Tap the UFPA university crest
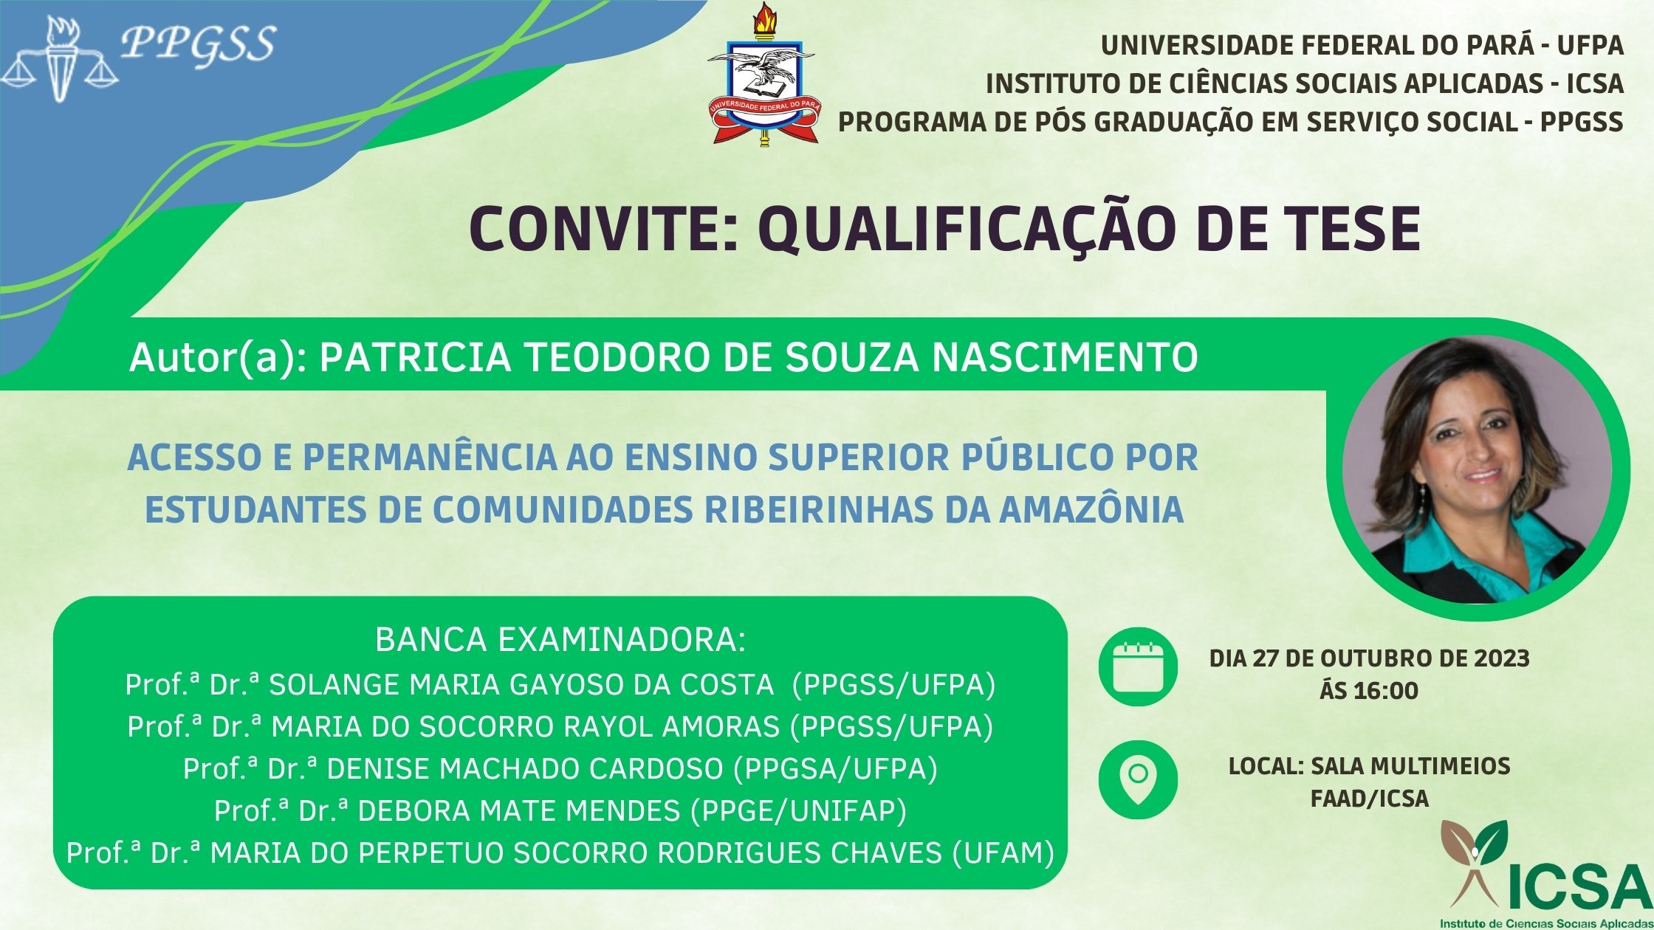click(761, 74)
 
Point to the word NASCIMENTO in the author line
click(1065, 357)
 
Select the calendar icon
click(1138, 667)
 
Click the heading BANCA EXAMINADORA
click(560, 639)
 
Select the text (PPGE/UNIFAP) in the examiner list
click(798, 811)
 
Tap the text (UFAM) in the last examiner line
click(1003, 853)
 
